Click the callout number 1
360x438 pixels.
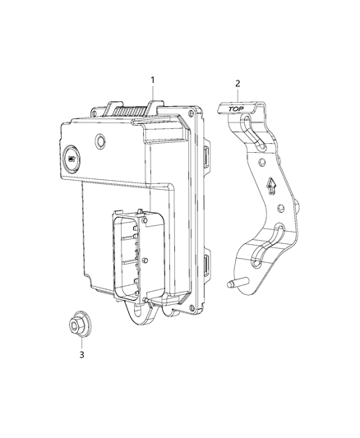[x=152, y=80]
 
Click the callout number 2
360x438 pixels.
[x=237, y=84]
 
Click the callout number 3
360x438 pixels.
[x=81, y=354]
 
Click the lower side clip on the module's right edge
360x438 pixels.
[x=205, y=265]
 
